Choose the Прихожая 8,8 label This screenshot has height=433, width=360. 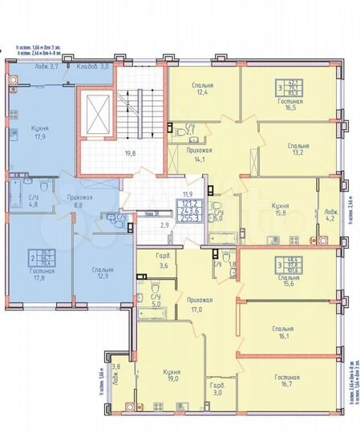coord(79,200)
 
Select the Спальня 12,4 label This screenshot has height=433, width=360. coord(202,89)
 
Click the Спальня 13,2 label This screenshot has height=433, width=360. coord(297,150)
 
